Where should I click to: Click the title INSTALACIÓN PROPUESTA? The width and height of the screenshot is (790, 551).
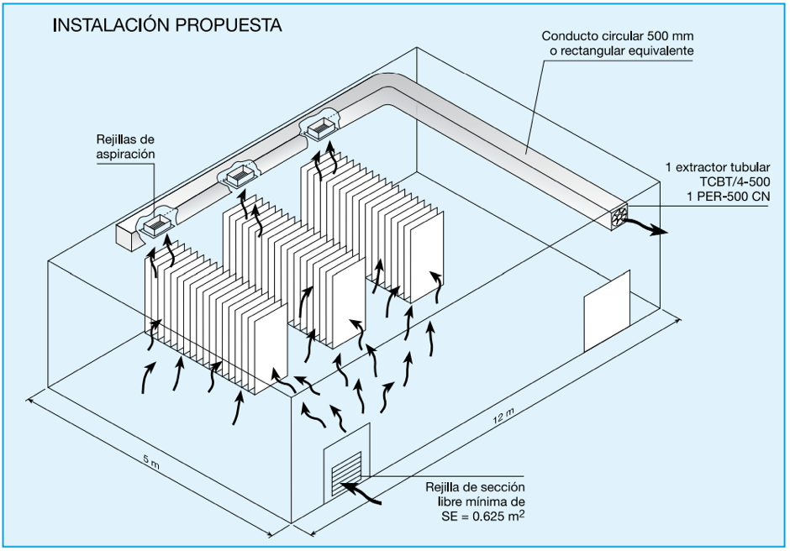click(x=166, y=25)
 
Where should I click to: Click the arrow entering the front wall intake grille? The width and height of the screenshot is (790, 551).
click(x=365, y=494)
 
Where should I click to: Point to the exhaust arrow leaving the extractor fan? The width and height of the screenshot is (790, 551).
click(x=650, y=228)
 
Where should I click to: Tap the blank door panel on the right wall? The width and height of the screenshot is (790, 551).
click(x=607, y=312)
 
